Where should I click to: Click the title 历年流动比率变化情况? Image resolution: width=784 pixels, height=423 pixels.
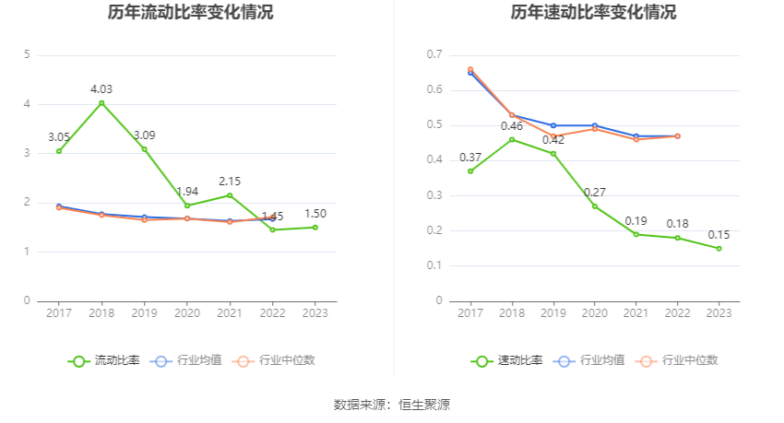coord(190,13)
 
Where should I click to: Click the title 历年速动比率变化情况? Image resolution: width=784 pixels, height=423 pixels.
coord(593,13)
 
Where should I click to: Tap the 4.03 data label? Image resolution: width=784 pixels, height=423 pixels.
coord(101,88)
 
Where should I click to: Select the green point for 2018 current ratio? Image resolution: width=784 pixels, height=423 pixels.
coord(101,102)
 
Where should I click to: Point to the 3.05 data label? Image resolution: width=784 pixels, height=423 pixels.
coord(59,137)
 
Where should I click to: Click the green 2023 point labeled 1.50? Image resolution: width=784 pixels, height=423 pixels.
coord(315,227)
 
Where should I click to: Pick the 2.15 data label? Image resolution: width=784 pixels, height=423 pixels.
coord(230,181)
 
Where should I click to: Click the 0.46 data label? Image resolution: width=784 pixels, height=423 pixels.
coord(512,125)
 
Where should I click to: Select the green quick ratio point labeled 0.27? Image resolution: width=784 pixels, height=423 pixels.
coord(594,206)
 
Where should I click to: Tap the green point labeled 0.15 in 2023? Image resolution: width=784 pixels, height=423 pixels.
coord(719,248)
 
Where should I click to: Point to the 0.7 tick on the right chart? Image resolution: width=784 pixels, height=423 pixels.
coord(435,54)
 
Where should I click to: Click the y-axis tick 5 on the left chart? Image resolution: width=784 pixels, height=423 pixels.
coord(28,54)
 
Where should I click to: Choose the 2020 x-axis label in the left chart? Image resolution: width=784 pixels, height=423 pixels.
coord(186,313)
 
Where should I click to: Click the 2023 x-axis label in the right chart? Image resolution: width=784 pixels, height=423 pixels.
coord(719,313)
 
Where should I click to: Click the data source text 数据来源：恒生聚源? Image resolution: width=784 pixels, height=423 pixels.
coord(391,404)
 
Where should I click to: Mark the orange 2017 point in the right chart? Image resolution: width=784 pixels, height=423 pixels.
coord(470,69)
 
